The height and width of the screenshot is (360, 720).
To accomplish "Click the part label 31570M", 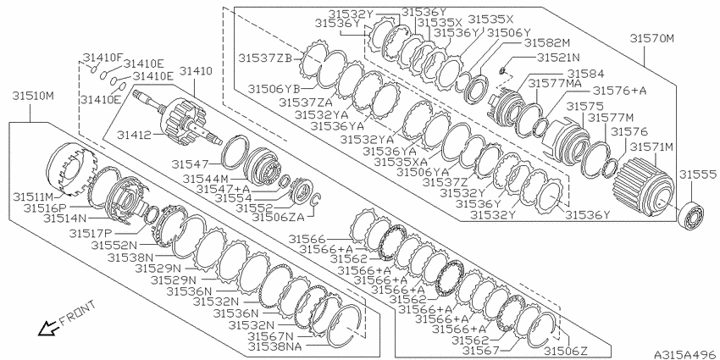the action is pyautogui.click(x=651, y=39).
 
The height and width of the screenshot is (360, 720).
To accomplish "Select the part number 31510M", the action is pyautogui.click(x=33, y=97).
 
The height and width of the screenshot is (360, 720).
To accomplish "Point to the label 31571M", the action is pyautogui.click(x=651, y=147).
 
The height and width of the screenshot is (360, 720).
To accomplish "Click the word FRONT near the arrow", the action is pyautogui.click(x=78, y=313).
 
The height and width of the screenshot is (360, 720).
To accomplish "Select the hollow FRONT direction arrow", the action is pyautogui.click(x=47, y=329).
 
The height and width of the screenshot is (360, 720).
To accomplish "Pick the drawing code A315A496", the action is pyautogui.click(x=686, y=354).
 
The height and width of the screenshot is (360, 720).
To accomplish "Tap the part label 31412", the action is pyautogui.click(x=134, y=135).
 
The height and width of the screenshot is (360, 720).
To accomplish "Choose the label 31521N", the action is pyautogui.click(x=559, y=58).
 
